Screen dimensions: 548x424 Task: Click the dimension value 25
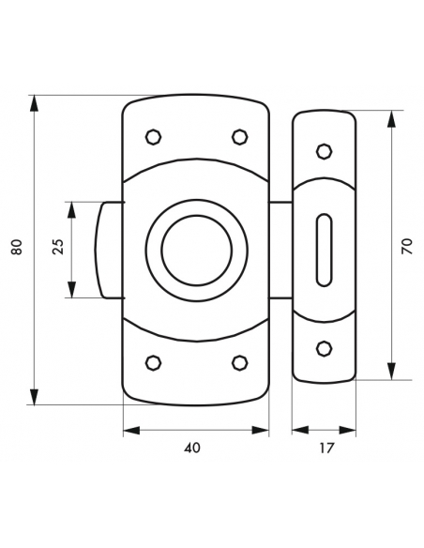point(58,249)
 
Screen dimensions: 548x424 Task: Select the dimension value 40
point(193,449)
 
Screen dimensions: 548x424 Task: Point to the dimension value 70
point(406,247)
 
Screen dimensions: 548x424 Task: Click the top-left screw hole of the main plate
point(153,138)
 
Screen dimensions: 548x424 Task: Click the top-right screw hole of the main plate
point(238,138)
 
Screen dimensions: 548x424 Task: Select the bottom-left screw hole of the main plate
point(153,362)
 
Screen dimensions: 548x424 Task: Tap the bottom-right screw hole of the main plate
point(238,362)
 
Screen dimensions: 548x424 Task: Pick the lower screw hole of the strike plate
point(324,348)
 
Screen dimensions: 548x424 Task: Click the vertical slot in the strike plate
point(324,248)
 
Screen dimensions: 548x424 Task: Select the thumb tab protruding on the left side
point(107,250)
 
